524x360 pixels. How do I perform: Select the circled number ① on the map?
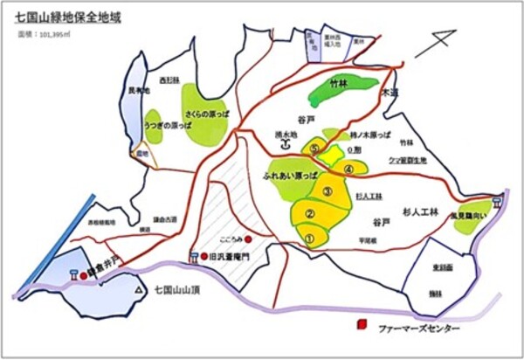tap(308, 234)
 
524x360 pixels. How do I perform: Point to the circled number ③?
tap(327, 190)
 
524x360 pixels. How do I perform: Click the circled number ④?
tap(348, 170)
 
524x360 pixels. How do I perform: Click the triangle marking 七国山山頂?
tap(137, 288)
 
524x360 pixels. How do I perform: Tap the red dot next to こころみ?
tap(249, 239)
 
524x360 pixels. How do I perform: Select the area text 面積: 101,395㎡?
tap(43, 38)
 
